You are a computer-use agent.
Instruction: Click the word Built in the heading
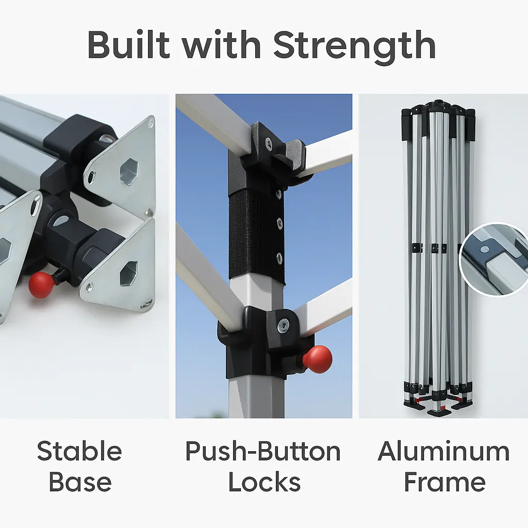(128, 44)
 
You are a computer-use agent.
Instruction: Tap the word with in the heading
(222, 44)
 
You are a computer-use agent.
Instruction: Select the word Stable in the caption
(79, 451)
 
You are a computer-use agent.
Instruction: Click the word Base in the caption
(80, 482)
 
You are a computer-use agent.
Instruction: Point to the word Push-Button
(263, 451)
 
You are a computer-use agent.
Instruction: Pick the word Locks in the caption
(265, 482)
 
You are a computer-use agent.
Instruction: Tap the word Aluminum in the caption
(444, 451)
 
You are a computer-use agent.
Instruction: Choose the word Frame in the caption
(444, 482)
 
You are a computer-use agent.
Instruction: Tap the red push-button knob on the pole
(318, 359)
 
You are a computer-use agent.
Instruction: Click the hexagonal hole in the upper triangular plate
(129, 172)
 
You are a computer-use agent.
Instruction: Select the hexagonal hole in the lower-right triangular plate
(128, 273)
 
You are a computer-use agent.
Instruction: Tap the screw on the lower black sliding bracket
(283, 326)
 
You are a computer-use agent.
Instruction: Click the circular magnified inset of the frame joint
(493, 260)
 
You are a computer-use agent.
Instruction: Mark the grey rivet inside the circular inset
(485, 250)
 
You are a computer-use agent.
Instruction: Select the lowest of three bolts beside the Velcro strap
(279, 258)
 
